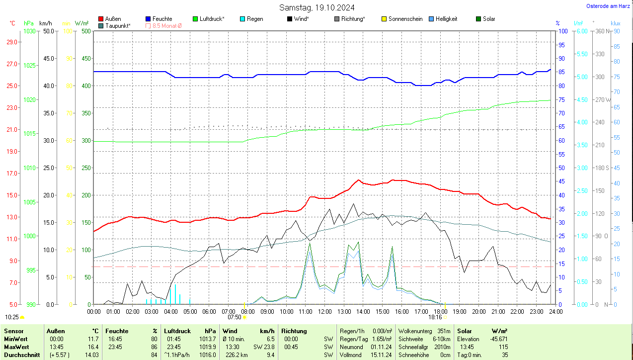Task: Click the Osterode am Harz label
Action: coord(608,6)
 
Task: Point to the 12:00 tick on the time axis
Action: coord(324,312)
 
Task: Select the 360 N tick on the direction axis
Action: coord(603,31)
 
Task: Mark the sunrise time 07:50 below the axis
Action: coord(235,317)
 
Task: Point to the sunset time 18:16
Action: coord(435,317)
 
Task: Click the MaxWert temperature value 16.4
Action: coord(92,347)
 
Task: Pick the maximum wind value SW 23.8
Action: coord(264,347)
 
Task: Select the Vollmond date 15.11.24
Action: coord(381,355)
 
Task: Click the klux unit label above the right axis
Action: coord(615,23)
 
